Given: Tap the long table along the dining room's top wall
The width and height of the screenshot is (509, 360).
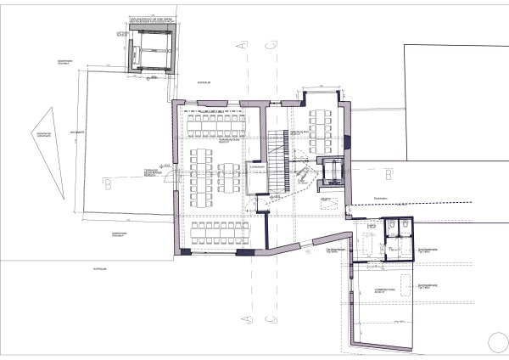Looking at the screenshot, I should (216, 126).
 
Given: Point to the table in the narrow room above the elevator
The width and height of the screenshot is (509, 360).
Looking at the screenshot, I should (322, 126).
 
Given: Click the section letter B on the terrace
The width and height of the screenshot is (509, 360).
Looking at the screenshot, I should (107, 183).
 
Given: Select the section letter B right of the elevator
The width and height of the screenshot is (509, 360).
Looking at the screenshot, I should (387, 174).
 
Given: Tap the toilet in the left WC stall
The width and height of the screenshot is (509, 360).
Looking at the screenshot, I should (391, 228).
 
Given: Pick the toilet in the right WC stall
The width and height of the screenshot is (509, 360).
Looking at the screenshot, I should (405, 228).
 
